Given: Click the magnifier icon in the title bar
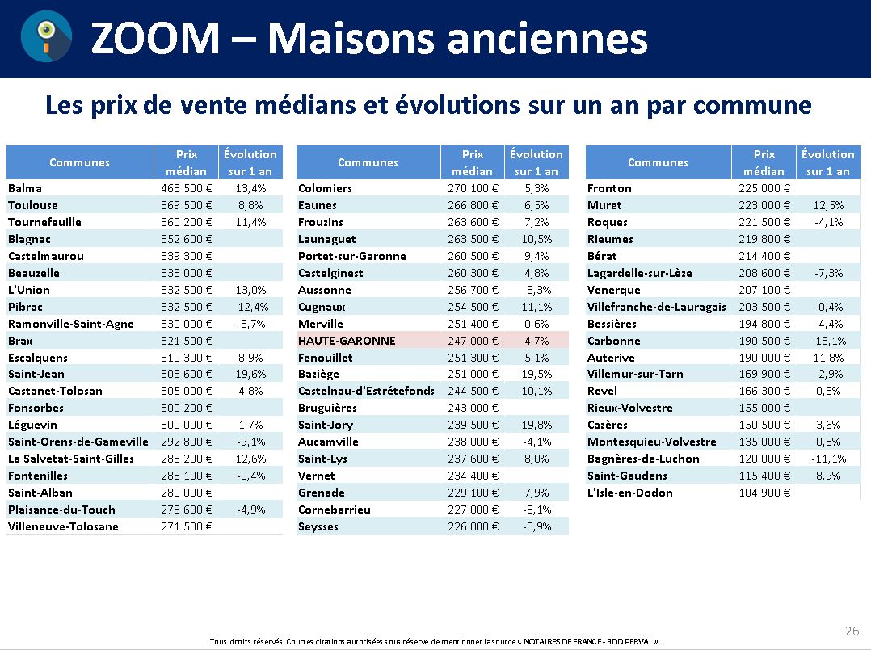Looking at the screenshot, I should (x=45, y=38).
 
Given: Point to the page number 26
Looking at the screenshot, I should (x=852, y=631).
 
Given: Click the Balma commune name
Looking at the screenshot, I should (x=25, y=188).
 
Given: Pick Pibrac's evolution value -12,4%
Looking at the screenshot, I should (x=250, y=307).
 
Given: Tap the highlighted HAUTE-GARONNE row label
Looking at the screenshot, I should (x=347, y=341).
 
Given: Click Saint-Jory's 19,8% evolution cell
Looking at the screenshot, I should (x=536, y=425).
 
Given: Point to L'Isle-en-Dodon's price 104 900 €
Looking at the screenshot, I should (x=764, y=493).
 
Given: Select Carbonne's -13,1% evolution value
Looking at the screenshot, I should (x=827, y=341).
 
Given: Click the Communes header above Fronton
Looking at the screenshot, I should (x=658, y=162).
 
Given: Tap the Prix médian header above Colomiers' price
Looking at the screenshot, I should (x=472, y=162).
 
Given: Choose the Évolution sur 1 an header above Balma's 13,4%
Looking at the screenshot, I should (x=250, y=162).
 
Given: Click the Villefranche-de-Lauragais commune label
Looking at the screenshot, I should (x=656, y=307).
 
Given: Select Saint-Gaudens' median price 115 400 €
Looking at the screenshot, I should (x=764, y=476).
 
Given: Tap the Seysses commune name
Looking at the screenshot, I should (x=318, y=526).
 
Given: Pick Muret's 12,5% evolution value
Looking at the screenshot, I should (x=827, y=205).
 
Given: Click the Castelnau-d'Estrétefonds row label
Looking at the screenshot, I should (x=366, y=391).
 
